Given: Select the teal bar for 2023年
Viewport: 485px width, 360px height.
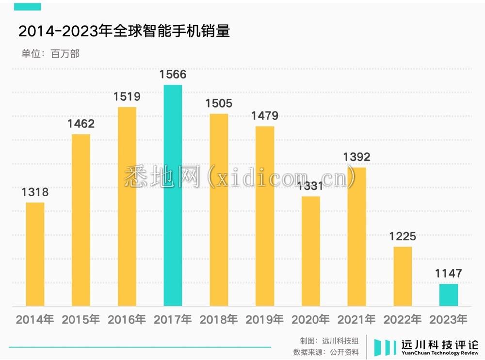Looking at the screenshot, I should [x=449, y=295].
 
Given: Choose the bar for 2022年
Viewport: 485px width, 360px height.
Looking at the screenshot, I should [x=403, y=276].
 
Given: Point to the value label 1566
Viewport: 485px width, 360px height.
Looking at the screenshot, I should [x=173, y=75].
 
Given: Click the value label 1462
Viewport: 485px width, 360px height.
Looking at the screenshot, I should [x=81, y=124].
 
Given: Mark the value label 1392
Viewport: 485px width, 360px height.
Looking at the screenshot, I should [x=356, y=157].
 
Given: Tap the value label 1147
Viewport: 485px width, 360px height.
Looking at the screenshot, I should [x=449, y=274].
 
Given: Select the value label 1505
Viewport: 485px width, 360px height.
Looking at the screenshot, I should [x=219, y=104].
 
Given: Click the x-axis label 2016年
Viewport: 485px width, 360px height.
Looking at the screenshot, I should [x=127, y=320].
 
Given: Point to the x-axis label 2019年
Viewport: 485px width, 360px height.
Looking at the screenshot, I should [x=265, y=320].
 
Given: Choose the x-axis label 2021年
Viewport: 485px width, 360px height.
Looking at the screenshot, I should [x=356, y=320].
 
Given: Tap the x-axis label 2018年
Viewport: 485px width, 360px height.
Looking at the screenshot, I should [x=219, y=320].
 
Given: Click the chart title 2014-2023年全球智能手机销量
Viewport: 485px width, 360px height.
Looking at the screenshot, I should [x=124, y=31].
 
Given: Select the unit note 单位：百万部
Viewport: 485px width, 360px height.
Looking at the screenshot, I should [x=50, y=54].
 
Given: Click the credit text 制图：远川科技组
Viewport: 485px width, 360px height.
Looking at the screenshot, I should [x=329, y=341].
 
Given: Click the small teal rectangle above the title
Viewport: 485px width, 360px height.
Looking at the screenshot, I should [x=27, y=7].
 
